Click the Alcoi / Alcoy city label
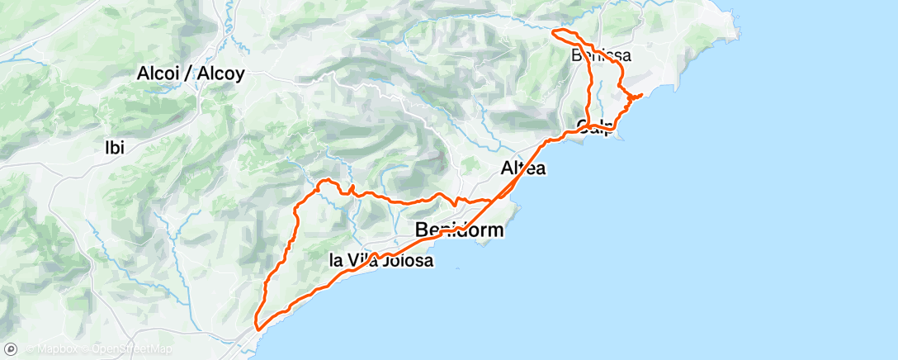(191, 73)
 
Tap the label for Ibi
(114, 149)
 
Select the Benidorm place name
(460, 230)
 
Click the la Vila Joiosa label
(380, 261)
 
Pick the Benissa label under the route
(601, 56)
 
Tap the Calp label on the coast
(595, 128)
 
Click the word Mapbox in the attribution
(57, 349)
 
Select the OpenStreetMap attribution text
(132, 349)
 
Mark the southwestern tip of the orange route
(258, 328)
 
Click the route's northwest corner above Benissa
(555, 32)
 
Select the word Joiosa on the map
(405, 261)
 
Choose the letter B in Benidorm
(423, 230)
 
